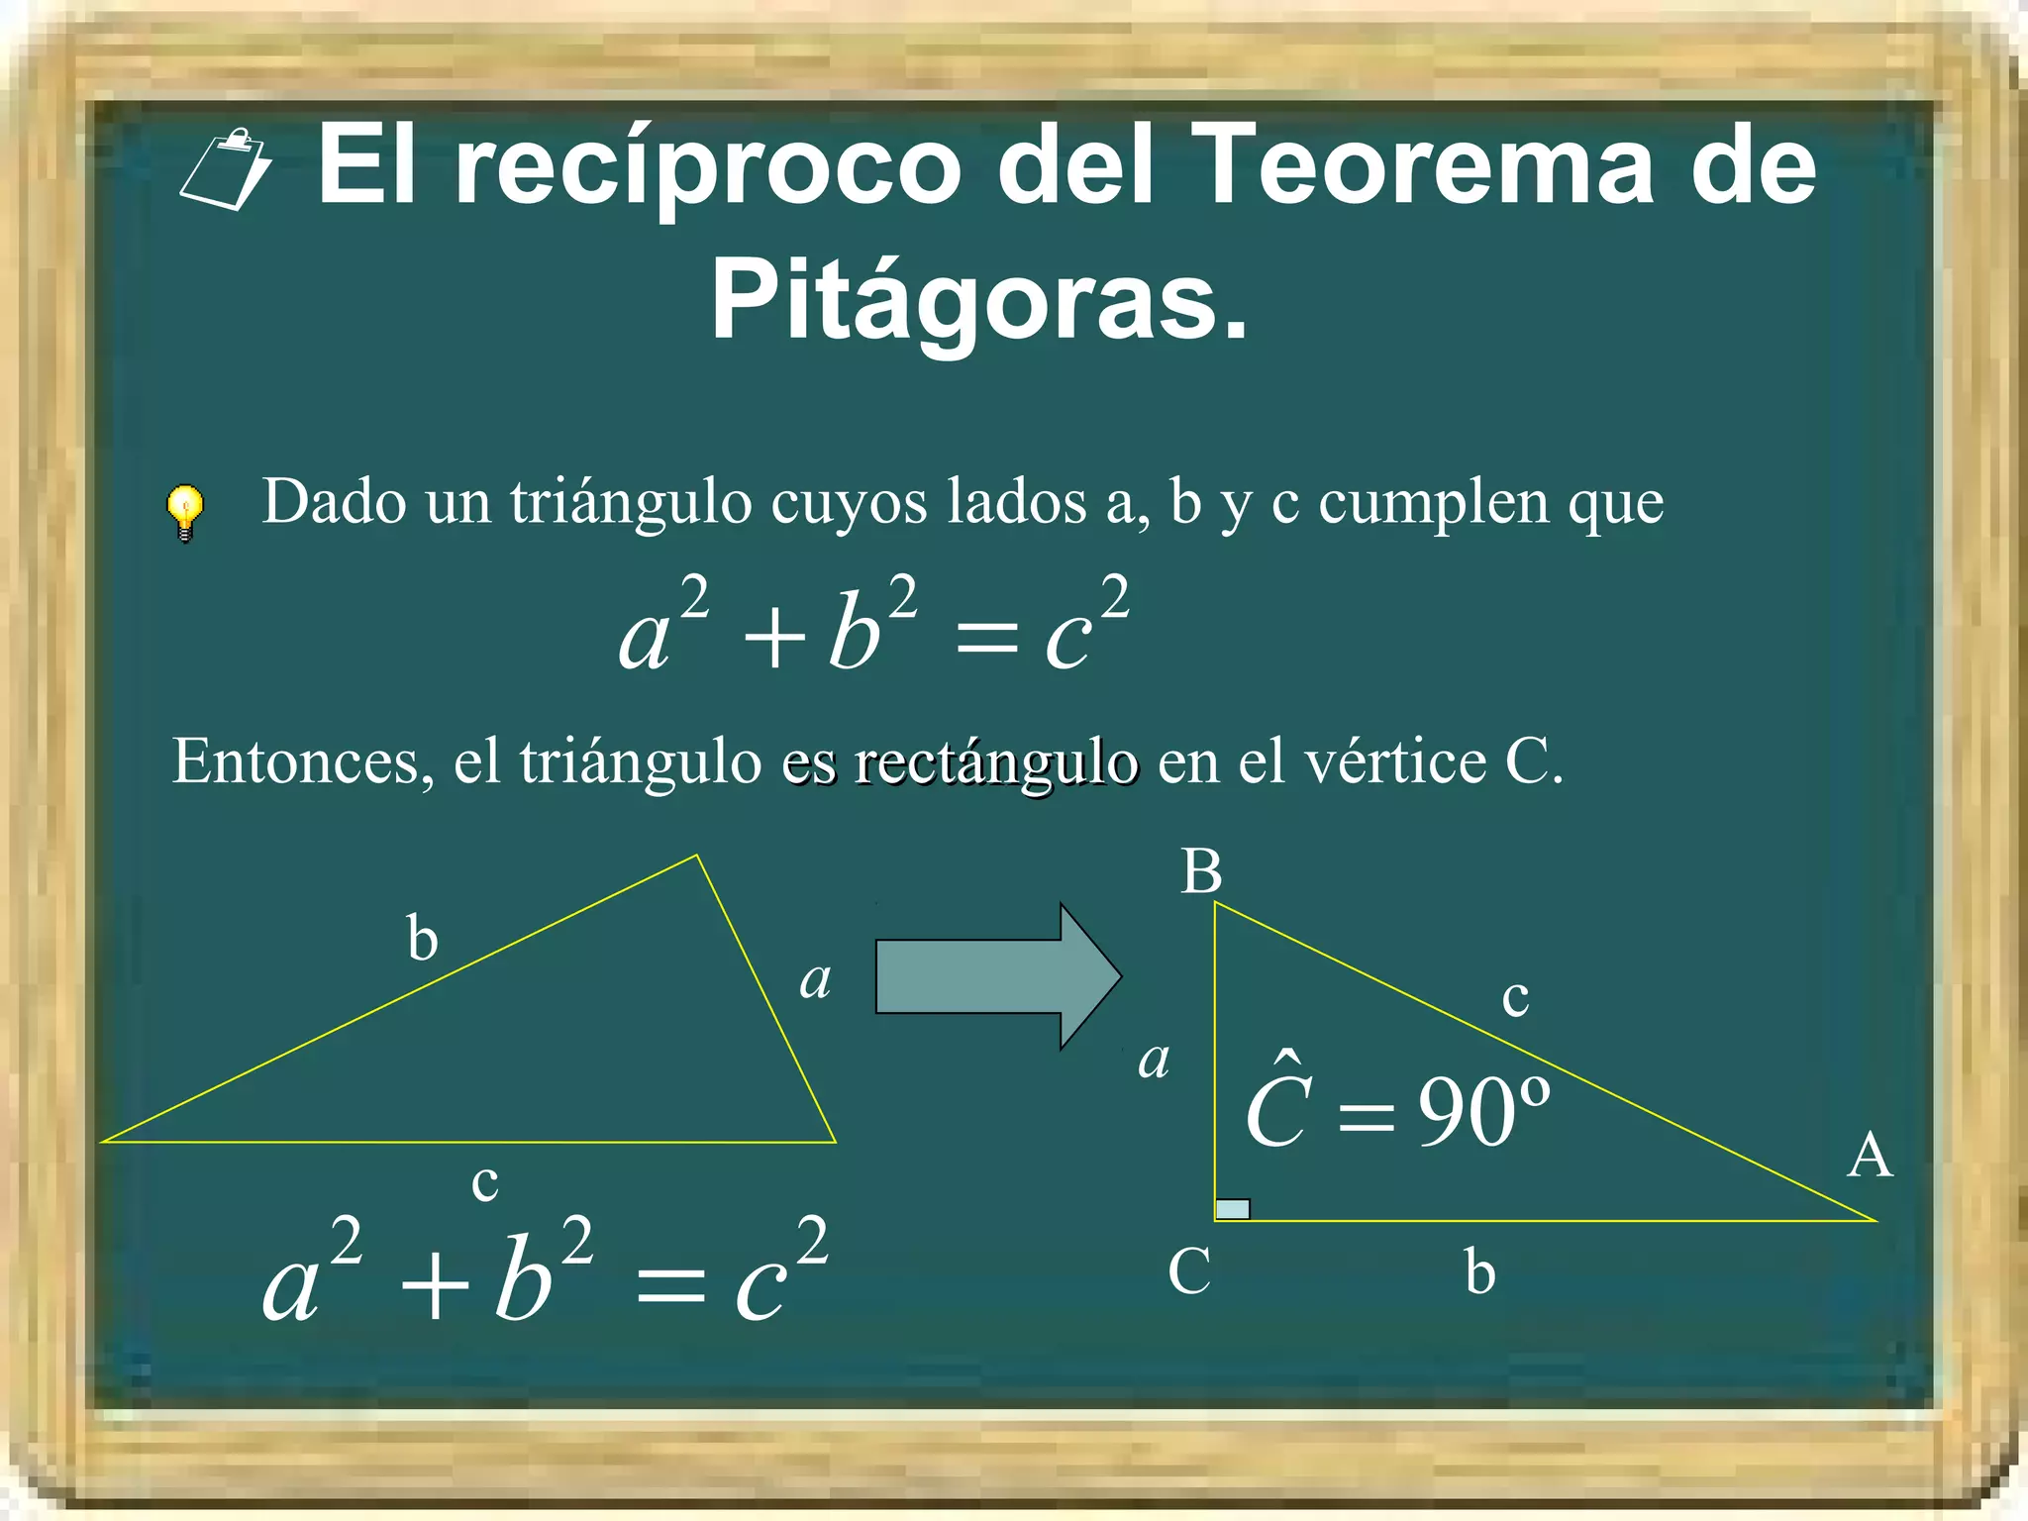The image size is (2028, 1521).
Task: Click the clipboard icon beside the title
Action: click(226, 169)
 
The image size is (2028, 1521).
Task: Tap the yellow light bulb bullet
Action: click(184, 511)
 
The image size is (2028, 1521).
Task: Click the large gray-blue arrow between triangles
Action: click(996, 976)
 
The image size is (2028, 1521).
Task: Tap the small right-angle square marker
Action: click(1232, 1208)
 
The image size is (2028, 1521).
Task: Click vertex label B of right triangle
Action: click(1201, 872)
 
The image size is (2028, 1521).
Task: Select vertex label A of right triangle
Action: click(1870, 1156)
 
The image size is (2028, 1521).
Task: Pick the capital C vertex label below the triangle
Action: click(1188, 1270)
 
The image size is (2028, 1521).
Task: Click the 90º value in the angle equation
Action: click(1483, 1112)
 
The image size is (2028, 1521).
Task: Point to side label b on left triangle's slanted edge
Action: click(423, 939)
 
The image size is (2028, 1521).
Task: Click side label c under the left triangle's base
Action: click(484, 1181)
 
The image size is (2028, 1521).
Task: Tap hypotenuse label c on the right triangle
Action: click(1515, 997)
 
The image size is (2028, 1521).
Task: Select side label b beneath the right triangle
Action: click(1479, 1272)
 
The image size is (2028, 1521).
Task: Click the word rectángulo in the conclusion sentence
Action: click(996, 763)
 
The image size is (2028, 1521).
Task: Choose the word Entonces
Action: click(303, 761)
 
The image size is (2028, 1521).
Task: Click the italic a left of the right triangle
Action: click(1154, 1061)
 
